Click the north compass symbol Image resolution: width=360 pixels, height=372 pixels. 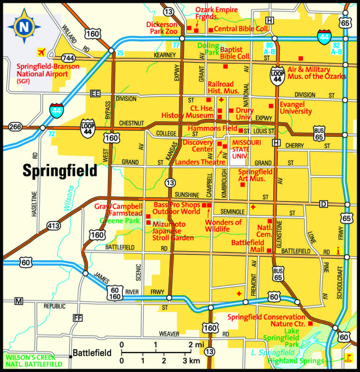coord(22,26)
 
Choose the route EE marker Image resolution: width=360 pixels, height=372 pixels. coord(96,94)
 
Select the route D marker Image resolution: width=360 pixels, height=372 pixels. coord(323,204)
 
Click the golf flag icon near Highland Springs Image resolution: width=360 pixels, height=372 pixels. coord(347,359)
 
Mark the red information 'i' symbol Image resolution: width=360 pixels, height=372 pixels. coord(337,251)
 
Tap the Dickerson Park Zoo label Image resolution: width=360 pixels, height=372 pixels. coord(162,28)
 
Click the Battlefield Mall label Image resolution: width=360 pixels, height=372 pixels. coord(247,246)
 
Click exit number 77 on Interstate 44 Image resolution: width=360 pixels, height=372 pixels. coord(175,45)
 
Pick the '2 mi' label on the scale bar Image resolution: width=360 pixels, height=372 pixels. coord(195,345)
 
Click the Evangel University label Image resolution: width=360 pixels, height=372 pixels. coord(295,108)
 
